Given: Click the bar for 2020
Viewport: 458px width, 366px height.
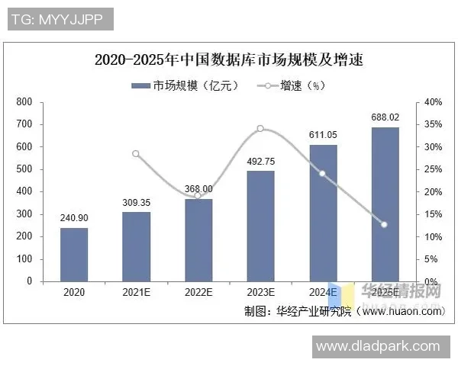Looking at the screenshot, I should tap(74, 254).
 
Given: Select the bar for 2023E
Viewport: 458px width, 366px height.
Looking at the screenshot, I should tap(260, 226).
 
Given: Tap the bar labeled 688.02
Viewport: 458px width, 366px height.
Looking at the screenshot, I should tap(385, 204).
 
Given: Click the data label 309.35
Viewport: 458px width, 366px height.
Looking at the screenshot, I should tap(137, 203).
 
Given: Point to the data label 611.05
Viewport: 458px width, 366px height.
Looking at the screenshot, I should tap(323, 135).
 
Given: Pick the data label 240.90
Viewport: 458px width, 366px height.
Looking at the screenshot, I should tap(75, 218).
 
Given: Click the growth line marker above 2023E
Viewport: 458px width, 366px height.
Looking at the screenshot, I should tap(260, 128).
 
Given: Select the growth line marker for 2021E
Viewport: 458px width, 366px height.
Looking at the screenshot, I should tap(137, 153).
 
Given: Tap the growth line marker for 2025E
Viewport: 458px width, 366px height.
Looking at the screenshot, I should tap(385, 224).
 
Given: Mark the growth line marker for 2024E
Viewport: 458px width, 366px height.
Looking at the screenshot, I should tap(322, 173).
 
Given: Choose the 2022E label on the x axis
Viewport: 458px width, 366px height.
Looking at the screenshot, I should tap(198, 292).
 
